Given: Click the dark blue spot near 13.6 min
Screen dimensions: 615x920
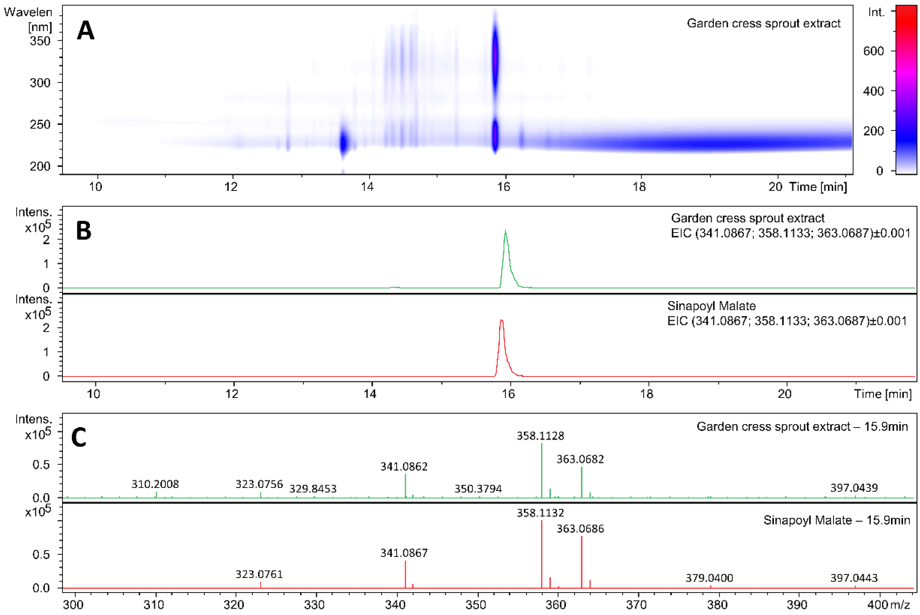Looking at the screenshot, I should coord(344,143).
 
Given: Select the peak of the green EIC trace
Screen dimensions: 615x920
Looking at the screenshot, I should coord(505,230).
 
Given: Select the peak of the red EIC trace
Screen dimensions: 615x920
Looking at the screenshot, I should coord(501,320).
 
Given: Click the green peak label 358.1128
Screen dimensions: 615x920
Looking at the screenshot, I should coord(540,436).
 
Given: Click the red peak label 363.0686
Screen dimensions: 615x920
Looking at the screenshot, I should coord(580,529).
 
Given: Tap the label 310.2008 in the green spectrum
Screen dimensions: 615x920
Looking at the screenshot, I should coord(155,484).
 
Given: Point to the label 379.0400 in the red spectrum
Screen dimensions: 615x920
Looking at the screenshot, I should coord(709,578).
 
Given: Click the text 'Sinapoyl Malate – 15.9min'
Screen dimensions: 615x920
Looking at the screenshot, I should coord(836,520).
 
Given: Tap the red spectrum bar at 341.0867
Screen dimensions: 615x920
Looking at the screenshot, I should coord(405,574).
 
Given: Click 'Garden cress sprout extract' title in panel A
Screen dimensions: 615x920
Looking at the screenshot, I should coord(763,24).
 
